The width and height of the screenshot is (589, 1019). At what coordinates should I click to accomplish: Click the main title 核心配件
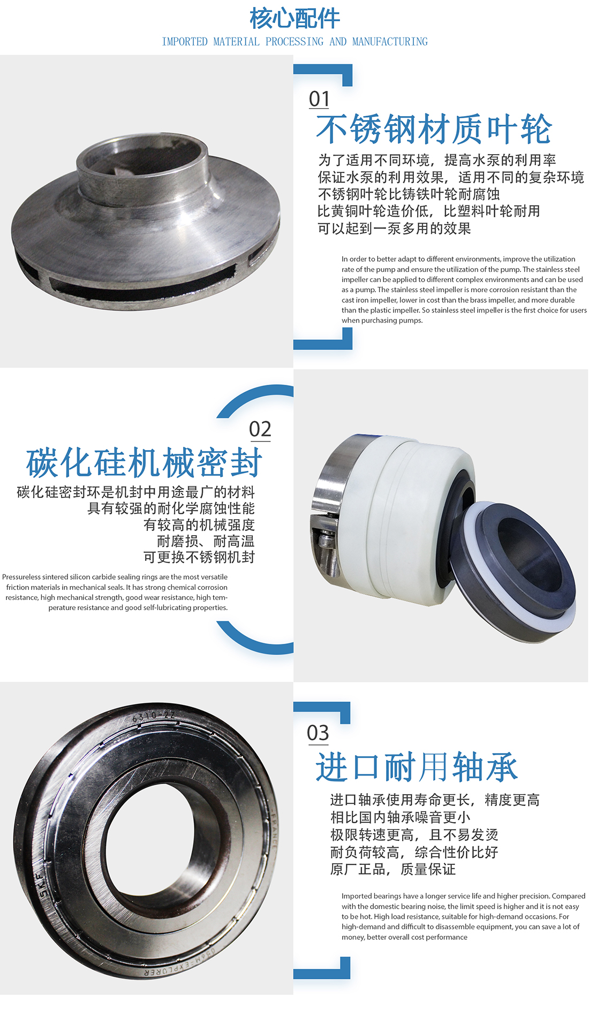click(294, 18)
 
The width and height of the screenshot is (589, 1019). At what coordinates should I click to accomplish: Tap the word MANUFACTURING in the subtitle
click(390, 42)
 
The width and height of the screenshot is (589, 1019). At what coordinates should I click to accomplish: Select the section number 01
click(319, 99)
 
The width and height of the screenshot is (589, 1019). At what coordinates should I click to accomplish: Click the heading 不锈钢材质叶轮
click(434, 130)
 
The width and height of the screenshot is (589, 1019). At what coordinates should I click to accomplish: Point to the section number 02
click(260, 429)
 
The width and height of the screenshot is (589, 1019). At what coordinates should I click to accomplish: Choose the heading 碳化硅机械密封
click(144, 463)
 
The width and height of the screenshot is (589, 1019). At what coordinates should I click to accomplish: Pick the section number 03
click(318, 733)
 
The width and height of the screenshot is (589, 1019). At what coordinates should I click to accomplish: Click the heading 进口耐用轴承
click(417, 767)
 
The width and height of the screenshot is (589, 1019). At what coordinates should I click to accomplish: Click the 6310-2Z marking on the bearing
click(154, 716)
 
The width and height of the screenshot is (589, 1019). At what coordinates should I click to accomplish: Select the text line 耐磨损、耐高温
click(206, 541)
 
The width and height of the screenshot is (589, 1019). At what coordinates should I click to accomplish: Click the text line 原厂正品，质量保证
click(393, 869)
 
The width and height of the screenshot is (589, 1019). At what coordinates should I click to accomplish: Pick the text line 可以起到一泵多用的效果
click(395, 229)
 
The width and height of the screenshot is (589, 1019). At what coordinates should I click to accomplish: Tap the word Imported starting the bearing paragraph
click(356, 896)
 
